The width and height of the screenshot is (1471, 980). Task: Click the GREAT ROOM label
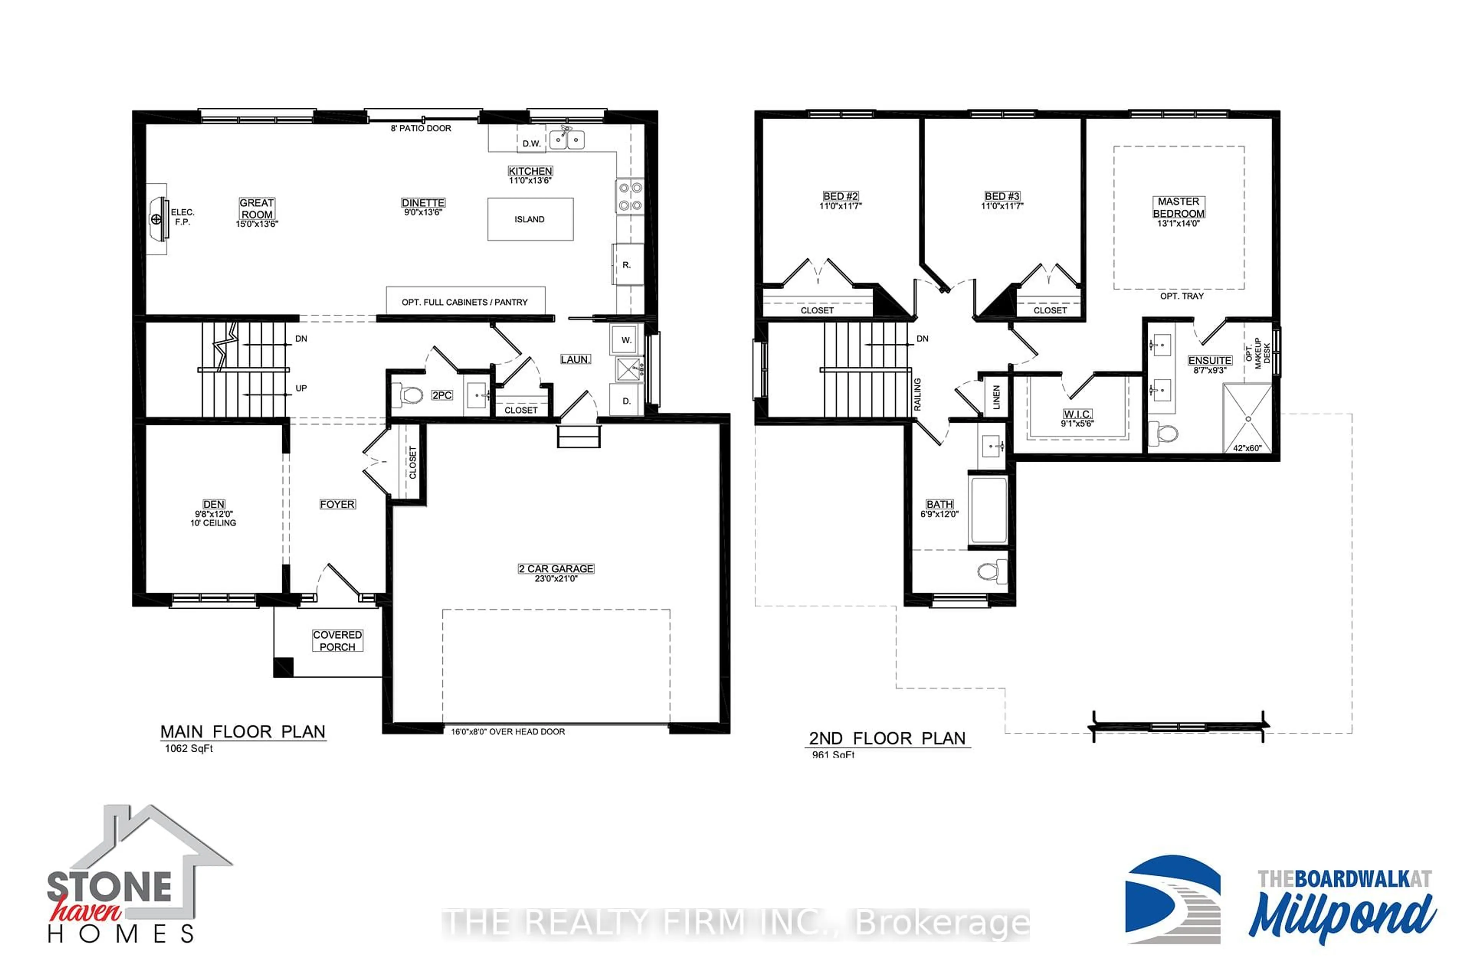[x=256, y=209]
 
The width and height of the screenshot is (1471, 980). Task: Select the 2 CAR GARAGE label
[x=556, y=569]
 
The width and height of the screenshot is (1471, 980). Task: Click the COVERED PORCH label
[x=337, y=640]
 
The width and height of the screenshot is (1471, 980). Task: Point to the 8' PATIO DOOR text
[x=421, y=128]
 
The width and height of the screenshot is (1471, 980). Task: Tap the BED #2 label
[x=840, y=196]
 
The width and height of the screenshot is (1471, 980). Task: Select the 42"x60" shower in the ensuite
[x=1247, y=419]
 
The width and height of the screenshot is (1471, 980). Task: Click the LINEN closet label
[x=996, y=397]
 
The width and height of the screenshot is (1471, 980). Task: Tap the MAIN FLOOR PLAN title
[x=242, y=732]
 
